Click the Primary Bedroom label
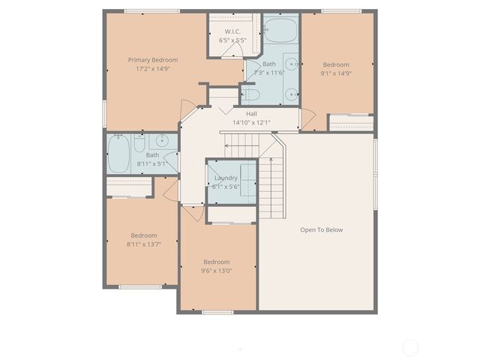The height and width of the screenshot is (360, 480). coord(152,60)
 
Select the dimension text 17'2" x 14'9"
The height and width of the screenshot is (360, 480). coord(152,69)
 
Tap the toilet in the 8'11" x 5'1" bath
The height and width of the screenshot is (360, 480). coord(139,142)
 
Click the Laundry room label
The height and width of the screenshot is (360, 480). coord(225,178)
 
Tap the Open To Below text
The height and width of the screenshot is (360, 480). coord(321,229)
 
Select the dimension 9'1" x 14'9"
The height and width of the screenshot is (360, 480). coord(337,73)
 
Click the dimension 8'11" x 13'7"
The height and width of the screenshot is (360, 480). coord(143,244)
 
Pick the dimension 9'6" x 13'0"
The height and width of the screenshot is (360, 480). coord(217,271)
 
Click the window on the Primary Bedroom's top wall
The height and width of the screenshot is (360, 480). coord(151,11)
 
